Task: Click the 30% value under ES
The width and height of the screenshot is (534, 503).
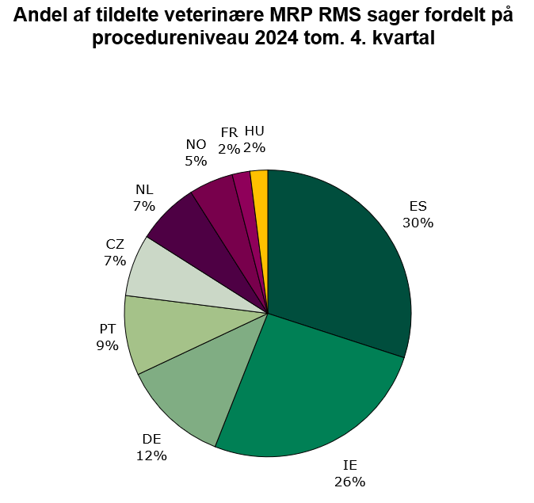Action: tap(418, 223)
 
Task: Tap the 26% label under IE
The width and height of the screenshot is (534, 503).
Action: tap(349, 481)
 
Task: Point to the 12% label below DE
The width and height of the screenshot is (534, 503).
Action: tap(151, 455)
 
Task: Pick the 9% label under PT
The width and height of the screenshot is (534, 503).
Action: tap(108, 345)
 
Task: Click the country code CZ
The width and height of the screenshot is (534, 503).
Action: tap(115, 244)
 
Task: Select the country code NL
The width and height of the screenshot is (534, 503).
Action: tap(144, 189)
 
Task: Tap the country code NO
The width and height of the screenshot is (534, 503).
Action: tap(196, 144)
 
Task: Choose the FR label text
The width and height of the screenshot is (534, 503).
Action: tap(229, 132)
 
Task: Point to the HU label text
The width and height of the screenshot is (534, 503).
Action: tap(254, 131)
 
